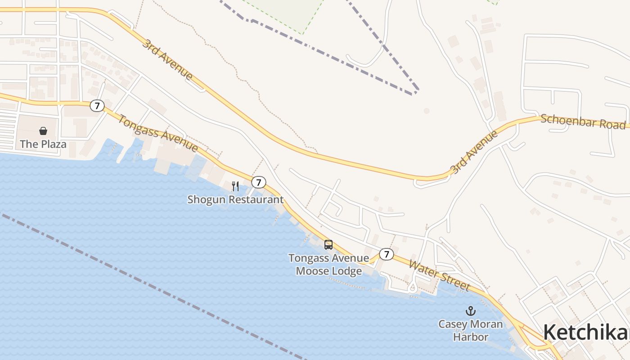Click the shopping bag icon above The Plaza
[43, 131]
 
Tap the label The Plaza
[43, 144]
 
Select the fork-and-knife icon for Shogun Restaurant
[235, 186]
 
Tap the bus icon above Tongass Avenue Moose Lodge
[328, 245]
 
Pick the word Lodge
[346, 271]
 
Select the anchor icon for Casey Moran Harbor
[470, 311]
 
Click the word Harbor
[471, 336]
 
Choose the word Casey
[454, 324]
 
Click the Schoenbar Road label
[583, 121]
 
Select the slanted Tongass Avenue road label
[158, 133]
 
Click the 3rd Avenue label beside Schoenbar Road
[474, 152]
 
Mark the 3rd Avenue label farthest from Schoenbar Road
[168, 59]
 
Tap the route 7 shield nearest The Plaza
[97, 106]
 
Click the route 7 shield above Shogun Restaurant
[258, 182]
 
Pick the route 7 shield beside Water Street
[386, 254]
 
